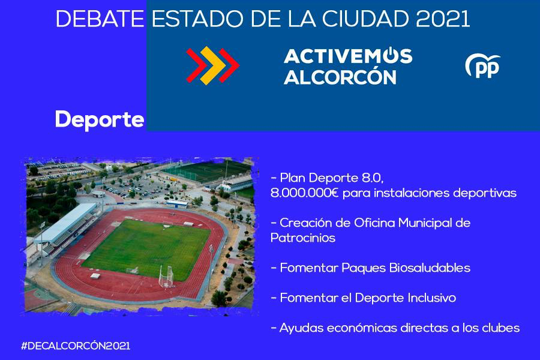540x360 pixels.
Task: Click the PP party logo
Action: pyautogui.click(x=483, y=66)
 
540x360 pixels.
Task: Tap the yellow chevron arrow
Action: pyautogui.click(x=213, y=65)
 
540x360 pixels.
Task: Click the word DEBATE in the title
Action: pyautogui.click(x=100, y=19)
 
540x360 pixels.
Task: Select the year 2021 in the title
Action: pyautogui.click(x=443, y=19)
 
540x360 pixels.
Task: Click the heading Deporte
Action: pyautogui.click(x=100, y=120)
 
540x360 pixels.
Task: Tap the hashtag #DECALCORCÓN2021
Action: pyautogui.click(x=76, y=346)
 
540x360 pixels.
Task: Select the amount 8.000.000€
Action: pyautogui.click(x=304, y=193)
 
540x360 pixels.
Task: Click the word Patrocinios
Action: pyautogui.click(x=303, y=238)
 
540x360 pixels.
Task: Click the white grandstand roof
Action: pyautogui.click(x=65, y=223)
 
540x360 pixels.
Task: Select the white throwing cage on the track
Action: pyautogui.click(x=166, y=276)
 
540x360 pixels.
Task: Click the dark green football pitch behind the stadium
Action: pyautogui.click(x=206, y=171)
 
